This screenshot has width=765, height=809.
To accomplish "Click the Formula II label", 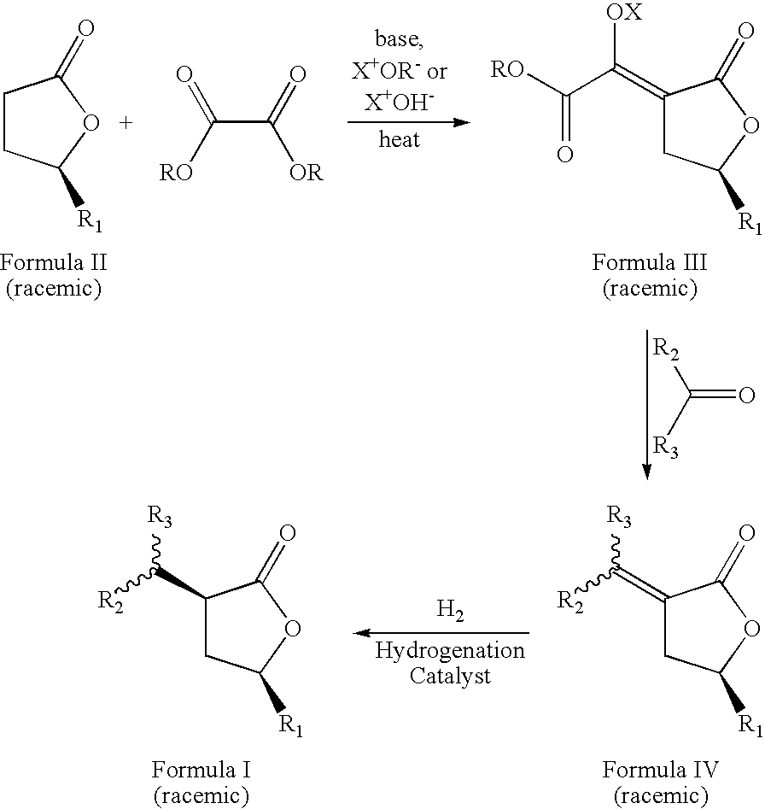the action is [53, 262].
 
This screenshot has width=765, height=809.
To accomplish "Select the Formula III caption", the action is [649, 262].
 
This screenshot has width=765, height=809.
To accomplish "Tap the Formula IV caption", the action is [660, 770].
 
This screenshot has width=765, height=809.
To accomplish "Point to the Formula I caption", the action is [201, 770].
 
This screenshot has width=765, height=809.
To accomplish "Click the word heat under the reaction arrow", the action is [400, 139].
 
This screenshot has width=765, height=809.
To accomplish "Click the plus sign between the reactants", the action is [126, 123].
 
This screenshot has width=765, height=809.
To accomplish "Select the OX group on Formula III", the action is [624, 11].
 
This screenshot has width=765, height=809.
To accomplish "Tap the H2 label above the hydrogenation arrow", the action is [450, 610].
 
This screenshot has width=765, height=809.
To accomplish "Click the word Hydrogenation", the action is [449, 651].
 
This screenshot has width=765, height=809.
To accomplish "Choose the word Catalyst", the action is [450, 676].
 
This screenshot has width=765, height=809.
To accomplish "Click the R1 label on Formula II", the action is [90, 220].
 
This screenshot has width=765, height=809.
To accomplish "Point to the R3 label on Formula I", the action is [160, 517].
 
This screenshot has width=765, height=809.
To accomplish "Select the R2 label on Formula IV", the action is [570, 601].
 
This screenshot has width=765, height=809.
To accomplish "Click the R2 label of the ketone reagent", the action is [665, 349].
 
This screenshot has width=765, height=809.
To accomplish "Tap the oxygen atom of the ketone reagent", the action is [746, 396].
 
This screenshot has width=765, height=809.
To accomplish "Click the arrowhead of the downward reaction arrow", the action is [646, 472].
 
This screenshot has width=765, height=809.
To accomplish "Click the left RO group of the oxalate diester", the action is [176, 173].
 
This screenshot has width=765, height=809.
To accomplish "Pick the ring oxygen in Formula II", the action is [91, 123].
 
